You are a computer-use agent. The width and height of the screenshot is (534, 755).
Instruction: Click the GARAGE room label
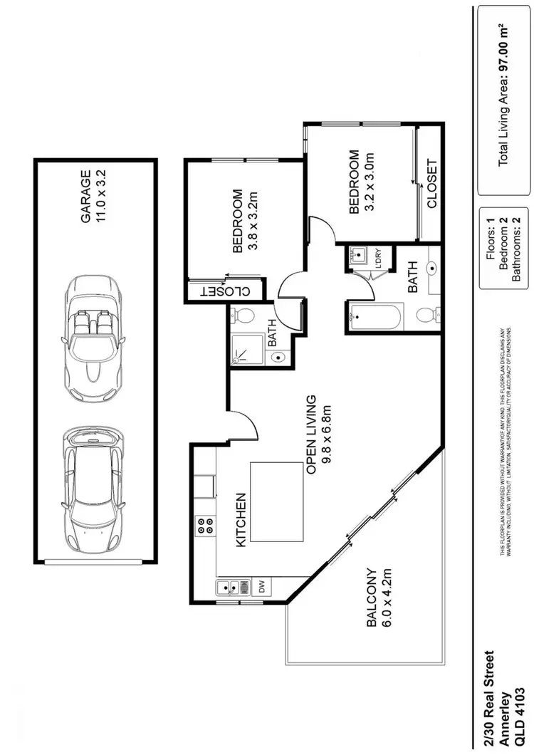pos(85,197)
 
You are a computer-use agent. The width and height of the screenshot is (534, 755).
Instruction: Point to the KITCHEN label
pos(241,520)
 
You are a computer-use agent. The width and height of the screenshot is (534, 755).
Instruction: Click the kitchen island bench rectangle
pos(278,502)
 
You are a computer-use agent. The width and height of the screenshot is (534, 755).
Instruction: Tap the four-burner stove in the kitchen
pos(205,526)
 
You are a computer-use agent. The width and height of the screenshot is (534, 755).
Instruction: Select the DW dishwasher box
pos(261,588)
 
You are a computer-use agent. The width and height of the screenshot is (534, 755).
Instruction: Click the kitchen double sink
pos(232,588)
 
